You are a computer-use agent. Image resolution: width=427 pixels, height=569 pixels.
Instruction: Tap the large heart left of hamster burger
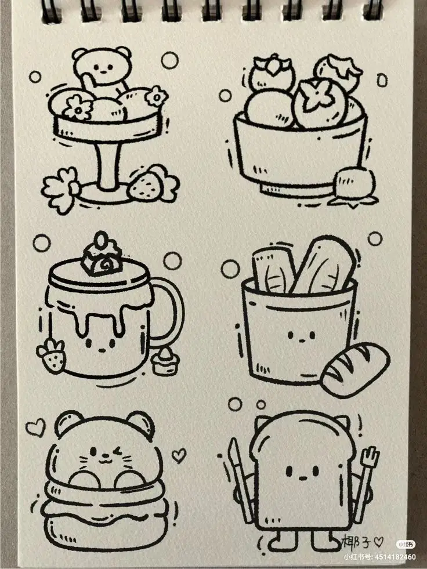coord(35,428)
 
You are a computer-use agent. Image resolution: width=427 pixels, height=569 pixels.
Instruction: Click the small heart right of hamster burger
coord(179,455)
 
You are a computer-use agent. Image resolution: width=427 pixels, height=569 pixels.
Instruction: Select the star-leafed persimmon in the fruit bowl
coord(320,102)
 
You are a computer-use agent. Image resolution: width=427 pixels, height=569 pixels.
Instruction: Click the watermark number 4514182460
coord(394,557)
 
